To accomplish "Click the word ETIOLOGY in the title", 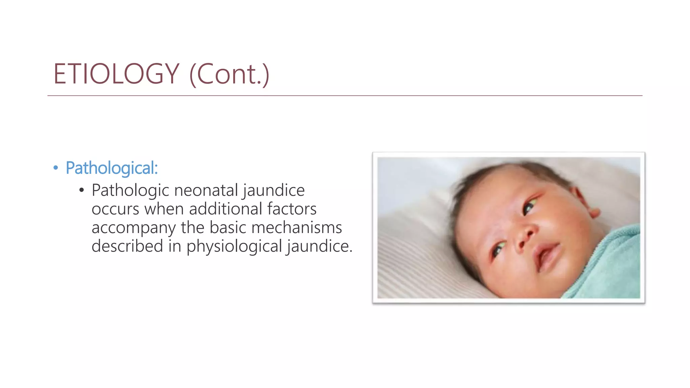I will pyautogui.click(x=116, y=74).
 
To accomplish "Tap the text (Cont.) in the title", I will pyautogui.click(x=229, y=74).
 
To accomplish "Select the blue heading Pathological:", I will pyautogui.click(x=112, y=168).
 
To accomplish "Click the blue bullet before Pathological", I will pyautogui.click(x=56, y=167).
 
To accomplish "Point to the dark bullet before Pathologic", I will pyautogui.click(x=81, y=191).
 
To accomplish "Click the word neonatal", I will pyautogui.click(x=206, y=190).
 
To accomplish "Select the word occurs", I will pyautogui.click(x=115, y=209).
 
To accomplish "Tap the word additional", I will pyautogui.click(x=225, y=209).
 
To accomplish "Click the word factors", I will pyautogui.click(x=292, y=209).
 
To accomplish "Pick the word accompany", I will pyautogui.click(x=133, y=228).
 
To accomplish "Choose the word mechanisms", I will pyautogui.click(x=296, y=227).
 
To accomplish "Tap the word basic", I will pyautogui.click(x=228, y=227).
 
